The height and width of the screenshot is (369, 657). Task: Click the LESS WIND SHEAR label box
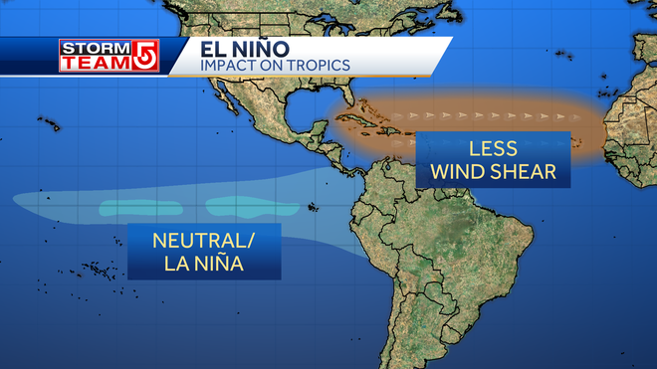click(496, 160)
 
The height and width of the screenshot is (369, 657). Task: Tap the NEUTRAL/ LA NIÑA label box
click(203, 252)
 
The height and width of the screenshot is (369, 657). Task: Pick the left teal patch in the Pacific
click(133, 209)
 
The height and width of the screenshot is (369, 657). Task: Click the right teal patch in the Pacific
click(238, 206)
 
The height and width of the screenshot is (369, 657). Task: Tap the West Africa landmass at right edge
click(632, 119)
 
